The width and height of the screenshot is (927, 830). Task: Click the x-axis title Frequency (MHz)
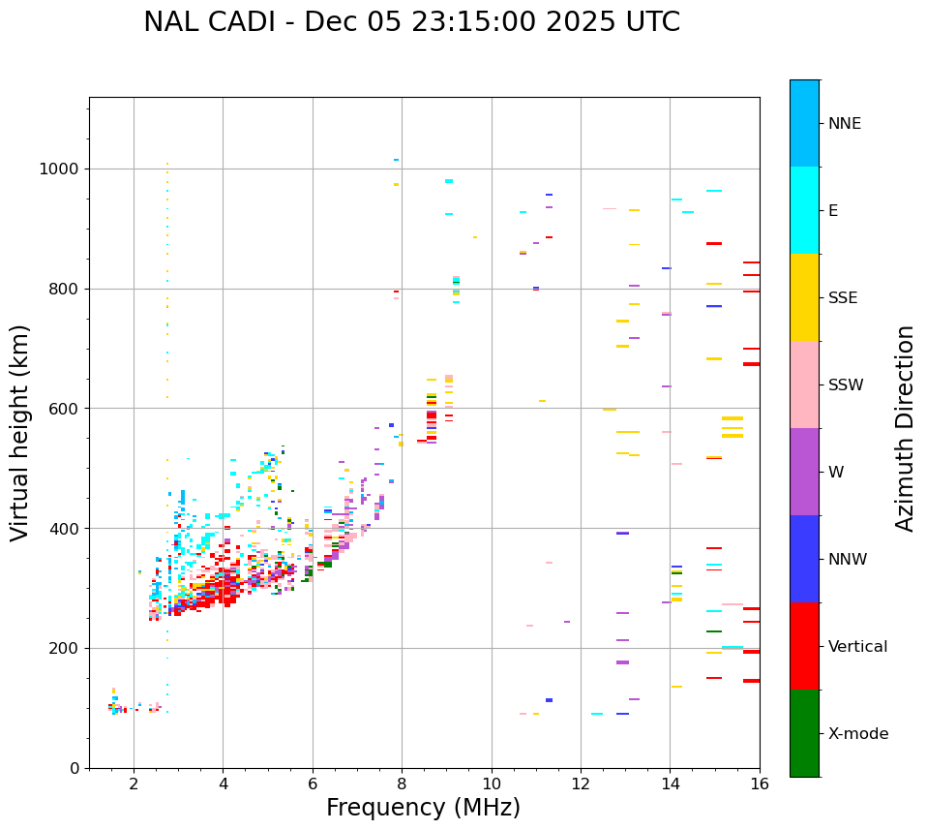pos(423,808)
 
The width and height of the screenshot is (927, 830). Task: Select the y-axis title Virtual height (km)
pos(20,433)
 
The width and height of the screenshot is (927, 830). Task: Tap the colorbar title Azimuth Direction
pos(905,428)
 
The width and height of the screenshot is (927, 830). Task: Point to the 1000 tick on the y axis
pos(64,169)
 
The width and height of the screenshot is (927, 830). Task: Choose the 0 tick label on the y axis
pos(74,768)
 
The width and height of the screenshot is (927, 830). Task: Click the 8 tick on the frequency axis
pos(402,784)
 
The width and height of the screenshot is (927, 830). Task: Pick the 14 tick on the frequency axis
pos(670,784)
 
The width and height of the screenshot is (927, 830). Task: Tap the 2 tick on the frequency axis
pos(134,784)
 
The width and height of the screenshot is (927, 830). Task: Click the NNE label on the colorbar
pos(844,124)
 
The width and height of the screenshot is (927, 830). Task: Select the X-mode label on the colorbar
pos(857,734)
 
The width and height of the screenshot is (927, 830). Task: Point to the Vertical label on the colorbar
pos(857,647)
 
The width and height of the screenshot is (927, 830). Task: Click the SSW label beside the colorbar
pos(846,385)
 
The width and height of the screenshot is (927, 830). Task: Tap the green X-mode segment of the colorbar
pos(804,733)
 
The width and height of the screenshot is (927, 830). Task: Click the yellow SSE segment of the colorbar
pos(804,297)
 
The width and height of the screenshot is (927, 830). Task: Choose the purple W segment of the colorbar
pos(804,472)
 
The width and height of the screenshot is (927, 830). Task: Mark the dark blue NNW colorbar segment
pos(804,559)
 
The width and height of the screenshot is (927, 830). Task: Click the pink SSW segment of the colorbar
pos(804,384)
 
